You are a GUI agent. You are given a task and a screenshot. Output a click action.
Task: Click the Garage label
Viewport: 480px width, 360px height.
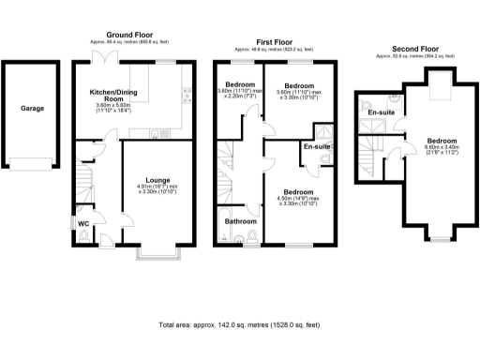point(33,108)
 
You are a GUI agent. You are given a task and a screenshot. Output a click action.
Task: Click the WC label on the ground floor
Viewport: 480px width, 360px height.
point(84,223)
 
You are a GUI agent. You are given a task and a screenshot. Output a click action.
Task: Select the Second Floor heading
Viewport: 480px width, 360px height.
point(415,48)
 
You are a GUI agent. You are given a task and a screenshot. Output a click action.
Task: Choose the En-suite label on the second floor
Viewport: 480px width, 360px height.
point(380,112)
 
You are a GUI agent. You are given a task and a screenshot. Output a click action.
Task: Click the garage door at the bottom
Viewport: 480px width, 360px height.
point(33,167)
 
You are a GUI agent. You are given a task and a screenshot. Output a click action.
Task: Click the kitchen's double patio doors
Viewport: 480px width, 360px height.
point(112,59)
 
